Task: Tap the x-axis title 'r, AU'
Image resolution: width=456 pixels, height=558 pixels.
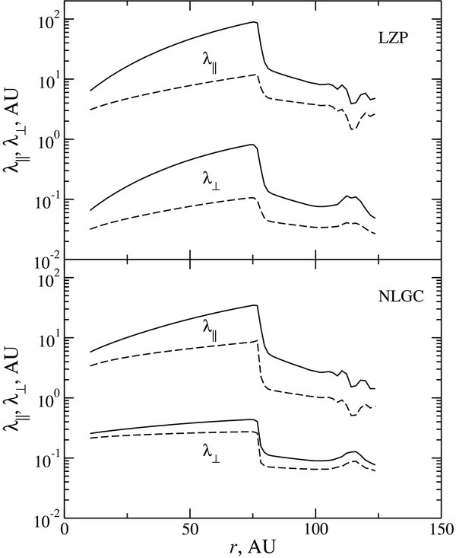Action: coord(255,547)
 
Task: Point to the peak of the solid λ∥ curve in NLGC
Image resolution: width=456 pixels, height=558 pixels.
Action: coord(255,305)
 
